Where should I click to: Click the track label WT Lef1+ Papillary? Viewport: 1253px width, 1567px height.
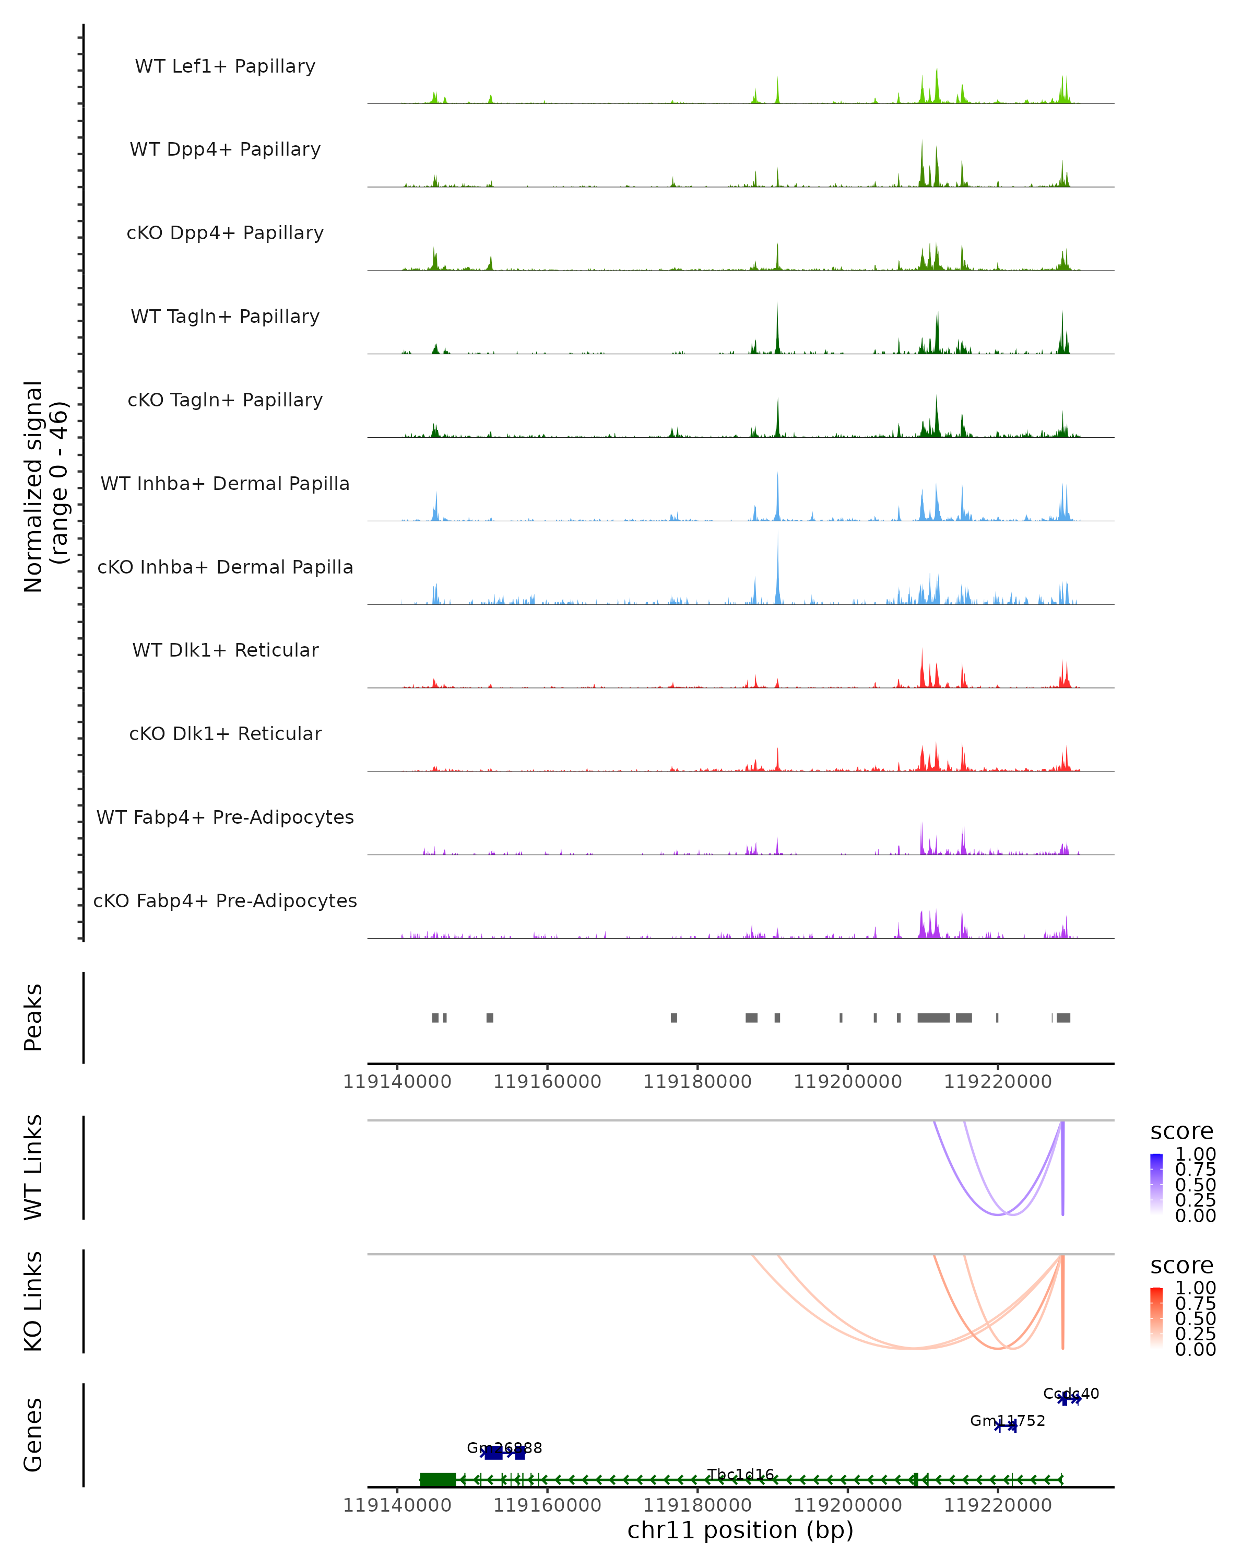225,66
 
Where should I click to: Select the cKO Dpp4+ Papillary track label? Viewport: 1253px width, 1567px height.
225,233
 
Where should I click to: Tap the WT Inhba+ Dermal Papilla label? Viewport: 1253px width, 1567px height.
225,484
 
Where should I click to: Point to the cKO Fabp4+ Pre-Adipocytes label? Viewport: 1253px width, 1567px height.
225,901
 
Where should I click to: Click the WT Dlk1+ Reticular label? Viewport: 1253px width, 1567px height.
225,650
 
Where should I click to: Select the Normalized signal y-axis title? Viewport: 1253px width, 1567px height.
45,486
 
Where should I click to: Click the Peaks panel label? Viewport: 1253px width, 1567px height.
33,1018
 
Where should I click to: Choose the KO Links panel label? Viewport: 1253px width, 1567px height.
33,1302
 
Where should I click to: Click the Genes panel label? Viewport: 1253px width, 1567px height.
33,1435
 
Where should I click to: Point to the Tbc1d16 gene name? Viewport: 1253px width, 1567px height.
740,1475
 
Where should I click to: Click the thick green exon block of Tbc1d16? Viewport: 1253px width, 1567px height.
438,1480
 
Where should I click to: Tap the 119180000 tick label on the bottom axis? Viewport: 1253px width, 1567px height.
698,1505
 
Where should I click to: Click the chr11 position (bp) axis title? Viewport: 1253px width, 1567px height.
740,1530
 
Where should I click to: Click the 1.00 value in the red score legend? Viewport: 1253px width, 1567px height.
1195,1288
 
